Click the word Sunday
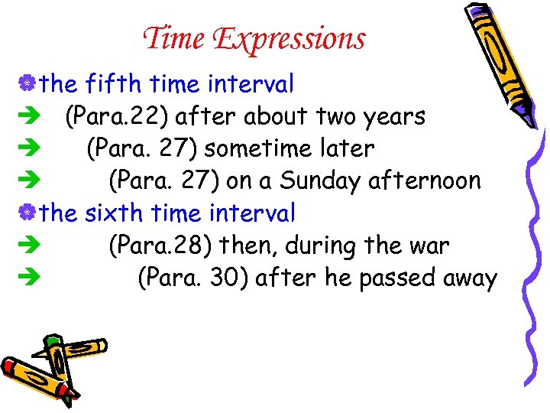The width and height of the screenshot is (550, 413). [x=320, y=180]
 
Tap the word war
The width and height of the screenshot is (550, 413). [x=432, y=246]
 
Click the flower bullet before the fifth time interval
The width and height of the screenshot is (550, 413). [x=28, y=83]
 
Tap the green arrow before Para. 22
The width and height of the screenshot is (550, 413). [x=27, y=116]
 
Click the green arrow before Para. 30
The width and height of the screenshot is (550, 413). [x=27, y=278]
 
